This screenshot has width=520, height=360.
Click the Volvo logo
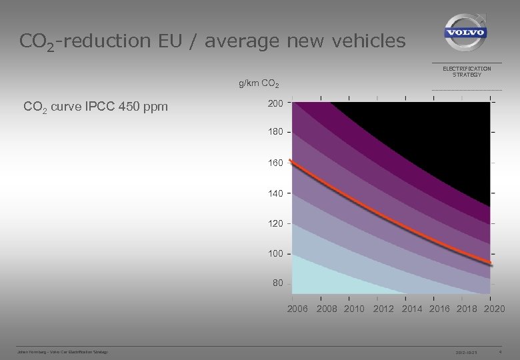[x=466, y=33]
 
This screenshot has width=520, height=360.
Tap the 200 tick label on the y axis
[x=275, y=103]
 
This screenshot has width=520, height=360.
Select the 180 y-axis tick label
[x=275, y=132]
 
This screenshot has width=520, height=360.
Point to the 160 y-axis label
[x=275, y=163]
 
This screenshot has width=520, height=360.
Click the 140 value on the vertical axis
[x=275, y=193]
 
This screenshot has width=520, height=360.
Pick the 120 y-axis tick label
[x=275, y=223]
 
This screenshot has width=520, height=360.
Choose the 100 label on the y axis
[x=275, y=253]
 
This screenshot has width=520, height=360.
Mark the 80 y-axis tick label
[x=277, y=283]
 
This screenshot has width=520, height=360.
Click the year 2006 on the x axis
[x=297, y=309]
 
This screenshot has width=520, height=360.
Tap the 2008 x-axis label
[x=327, y=309]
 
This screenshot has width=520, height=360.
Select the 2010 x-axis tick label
[x=354, y=309]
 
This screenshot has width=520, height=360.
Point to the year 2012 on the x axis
[x=383, y=309]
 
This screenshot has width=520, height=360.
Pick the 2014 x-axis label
[x=412, y=309]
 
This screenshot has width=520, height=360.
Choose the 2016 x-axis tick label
[x=439, y=309]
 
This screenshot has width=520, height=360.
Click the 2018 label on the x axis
[x=467, y=309]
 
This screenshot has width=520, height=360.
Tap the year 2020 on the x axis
[x=494, y=309]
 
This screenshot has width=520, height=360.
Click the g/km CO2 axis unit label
[x=259, y=84]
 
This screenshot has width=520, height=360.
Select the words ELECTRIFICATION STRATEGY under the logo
[x=467, y=71]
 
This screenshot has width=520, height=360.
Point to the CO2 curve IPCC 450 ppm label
[x=95, y=107]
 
